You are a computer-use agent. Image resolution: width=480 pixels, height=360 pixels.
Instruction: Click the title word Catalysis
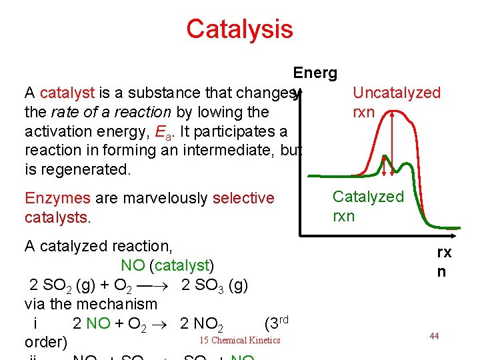click(239, 29)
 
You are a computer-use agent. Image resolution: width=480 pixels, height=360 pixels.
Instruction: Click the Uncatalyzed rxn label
click(396, 102)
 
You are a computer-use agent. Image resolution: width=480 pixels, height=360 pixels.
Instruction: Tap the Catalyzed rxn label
click(368, 206)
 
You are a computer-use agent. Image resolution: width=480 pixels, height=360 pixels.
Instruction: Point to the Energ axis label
click(315, 73)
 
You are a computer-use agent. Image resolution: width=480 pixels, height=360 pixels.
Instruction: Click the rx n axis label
click(443, 262)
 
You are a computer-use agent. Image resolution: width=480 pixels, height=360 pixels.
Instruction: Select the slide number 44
click(434, 336)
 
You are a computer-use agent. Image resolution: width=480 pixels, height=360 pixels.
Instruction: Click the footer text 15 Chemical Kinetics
click(240, 341)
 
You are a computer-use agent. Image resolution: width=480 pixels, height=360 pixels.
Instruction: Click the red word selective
click(243, 198)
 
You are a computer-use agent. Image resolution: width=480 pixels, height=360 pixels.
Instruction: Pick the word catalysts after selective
click(55, 217)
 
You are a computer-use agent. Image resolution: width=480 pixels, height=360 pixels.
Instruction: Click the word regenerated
click(84, 169)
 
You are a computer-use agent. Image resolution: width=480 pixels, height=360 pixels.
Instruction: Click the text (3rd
click(277, 323)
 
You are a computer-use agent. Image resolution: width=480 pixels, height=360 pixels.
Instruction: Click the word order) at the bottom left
click(45, 342)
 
